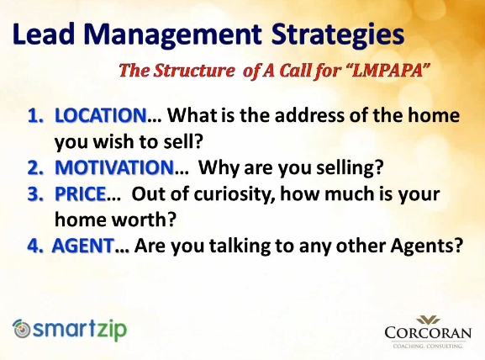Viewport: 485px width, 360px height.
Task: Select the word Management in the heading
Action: pyautogui.click(x=173, y=35)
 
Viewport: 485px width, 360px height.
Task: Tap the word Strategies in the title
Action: pyautogui.click(x=338, y=35)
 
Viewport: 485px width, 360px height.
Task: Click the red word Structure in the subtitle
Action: pyautogui.click(x=194, y=71)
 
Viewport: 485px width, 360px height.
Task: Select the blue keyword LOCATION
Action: pyautogui.click(x=101, y=115)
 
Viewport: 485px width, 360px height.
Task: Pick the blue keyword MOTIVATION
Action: pyautogui.click(x=114, y=167)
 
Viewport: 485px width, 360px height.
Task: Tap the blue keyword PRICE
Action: pyautogui.click(x=81, y=193)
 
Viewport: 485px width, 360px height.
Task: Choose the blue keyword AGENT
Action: pyautogui.click(x=83, y=246)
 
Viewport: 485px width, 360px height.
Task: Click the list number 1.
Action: pyautogui.click(x=35, y=115)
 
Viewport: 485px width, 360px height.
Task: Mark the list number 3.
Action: pyautogui.click(x=35, y=194)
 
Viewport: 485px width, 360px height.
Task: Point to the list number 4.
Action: pyautogui.click(x=35, y=246)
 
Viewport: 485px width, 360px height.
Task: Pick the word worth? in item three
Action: pyautogui.click(x=144, y=220)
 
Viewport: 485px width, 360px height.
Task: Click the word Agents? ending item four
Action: pyautogui.click(x=426, y=246)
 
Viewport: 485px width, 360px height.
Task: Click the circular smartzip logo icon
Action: pyautogui.click(x=22, y=329)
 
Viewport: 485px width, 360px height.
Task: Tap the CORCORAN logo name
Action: pyautogui.click(x=428, y=333)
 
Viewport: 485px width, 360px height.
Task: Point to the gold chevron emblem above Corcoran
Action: pyautogui.click(x=428, y=320)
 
